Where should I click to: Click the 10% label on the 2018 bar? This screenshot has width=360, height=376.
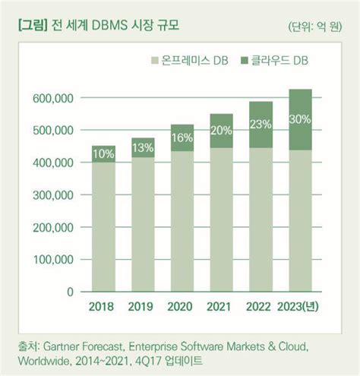(104, 154)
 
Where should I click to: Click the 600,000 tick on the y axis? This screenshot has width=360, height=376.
(53, 99)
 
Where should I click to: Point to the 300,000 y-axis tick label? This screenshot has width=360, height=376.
(53, 195)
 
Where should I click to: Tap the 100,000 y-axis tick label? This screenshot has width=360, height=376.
(53, 260)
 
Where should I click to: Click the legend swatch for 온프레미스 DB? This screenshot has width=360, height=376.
(155, 59)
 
